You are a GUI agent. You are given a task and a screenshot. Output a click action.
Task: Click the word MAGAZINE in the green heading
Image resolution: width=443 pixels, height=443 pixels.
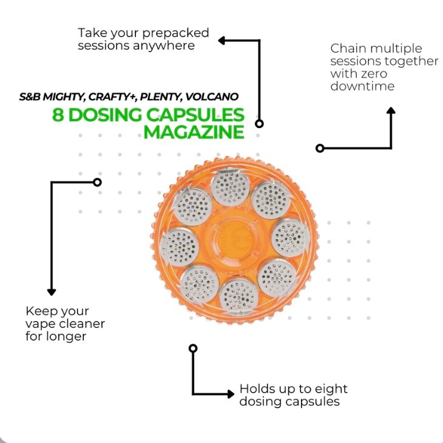tap(194, 132)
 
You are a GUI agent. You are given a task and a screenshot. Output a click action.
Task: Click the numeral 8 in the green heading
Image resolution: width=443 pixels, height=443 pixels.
tap(58, 115)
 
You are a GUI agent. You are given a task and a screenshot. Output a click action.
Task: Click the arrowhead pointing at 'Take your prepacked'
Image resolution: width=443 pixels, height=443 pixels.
tap(221, 41)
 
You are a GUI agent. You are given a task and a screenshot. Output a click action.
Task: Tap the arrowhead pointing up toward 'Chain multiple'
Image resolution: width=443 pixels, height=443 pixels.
tap(391, 111)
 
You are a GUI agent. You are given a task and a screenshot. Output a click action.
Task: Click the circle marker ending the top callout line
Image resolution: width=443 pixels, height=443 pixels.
tap(259, 123)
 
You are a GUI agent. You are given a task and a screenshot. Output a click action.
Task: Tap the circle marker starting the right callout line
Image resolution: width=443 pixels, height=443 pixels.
tap(320, 148)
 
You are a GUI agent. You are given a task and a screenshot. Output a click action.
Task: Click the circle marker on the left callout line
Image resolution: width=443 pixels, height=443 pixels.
tap(97, 182)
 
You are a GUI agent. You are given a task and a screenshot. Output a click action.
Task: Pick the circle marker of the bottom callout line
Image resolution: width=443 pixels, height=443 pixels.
tap(193, 348)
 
